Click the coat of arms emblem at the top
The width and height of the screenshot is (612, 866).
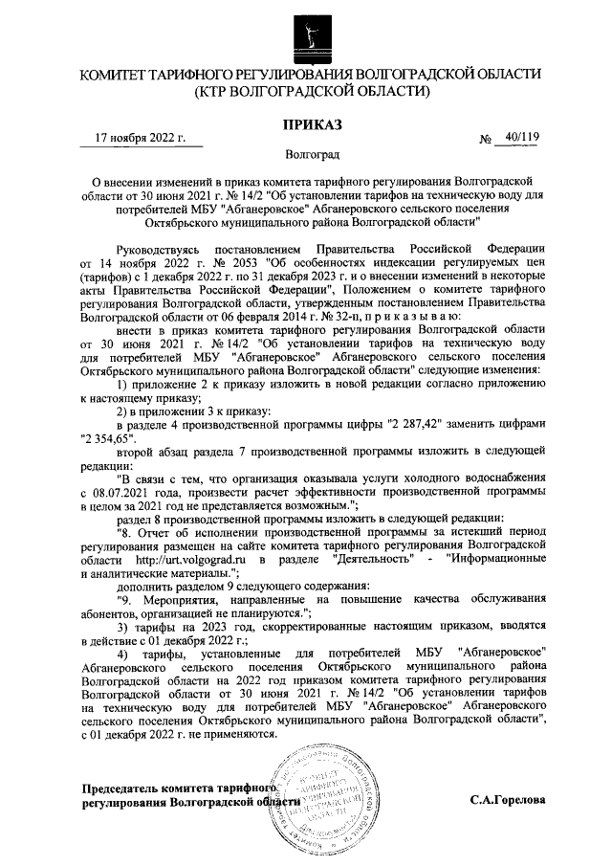(307, 32)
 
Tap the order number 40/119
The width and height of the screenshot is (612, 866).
(521, 137)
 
